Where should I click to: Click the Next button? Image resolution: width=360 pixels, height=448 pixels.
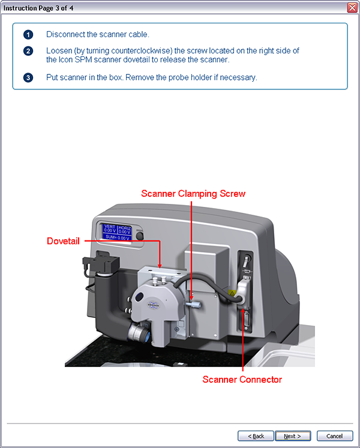[293, 436]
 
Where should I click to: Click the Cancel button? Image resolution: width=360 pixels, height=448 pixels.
[335, 436]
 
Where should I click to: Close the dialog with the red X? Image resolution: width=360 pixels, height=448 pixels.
[352, 7]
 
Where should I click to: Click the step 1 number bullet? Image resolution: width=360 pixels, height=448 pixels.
[28, 34]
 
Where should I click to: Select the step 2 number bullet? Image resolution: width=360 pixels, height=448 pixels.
[28, 51]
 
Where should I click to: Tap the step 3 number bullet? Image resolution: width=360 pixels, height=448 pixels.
[28, 78]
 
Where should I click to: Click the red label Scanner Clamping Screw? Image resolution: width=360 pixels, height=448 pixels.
[193, 194]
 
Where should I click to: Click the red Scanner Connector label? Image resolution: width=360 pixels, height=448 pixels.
[242, 379]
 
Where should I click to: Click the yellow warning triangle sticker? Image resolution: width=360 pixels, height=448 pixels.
[231, 293]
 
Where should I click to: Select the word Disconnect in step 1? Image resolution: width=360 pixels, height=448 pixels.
[64, 34]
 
